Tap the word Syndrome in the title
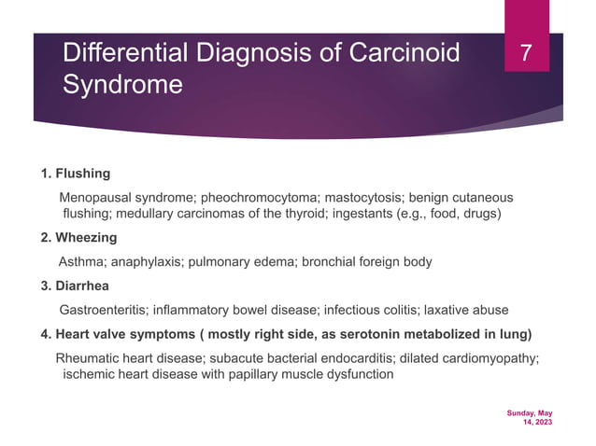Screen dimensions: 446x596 click(x=121, y=86)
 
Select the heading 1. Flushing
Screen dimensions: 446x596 click(x=76, y=174)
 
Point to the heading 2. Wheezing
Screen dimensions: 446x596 click(x=78, y=237)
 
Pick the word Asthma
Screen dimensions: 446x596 click(x=83, y=261)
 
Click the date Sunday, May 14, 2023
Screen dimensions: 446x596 click(x=530, y=417)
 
